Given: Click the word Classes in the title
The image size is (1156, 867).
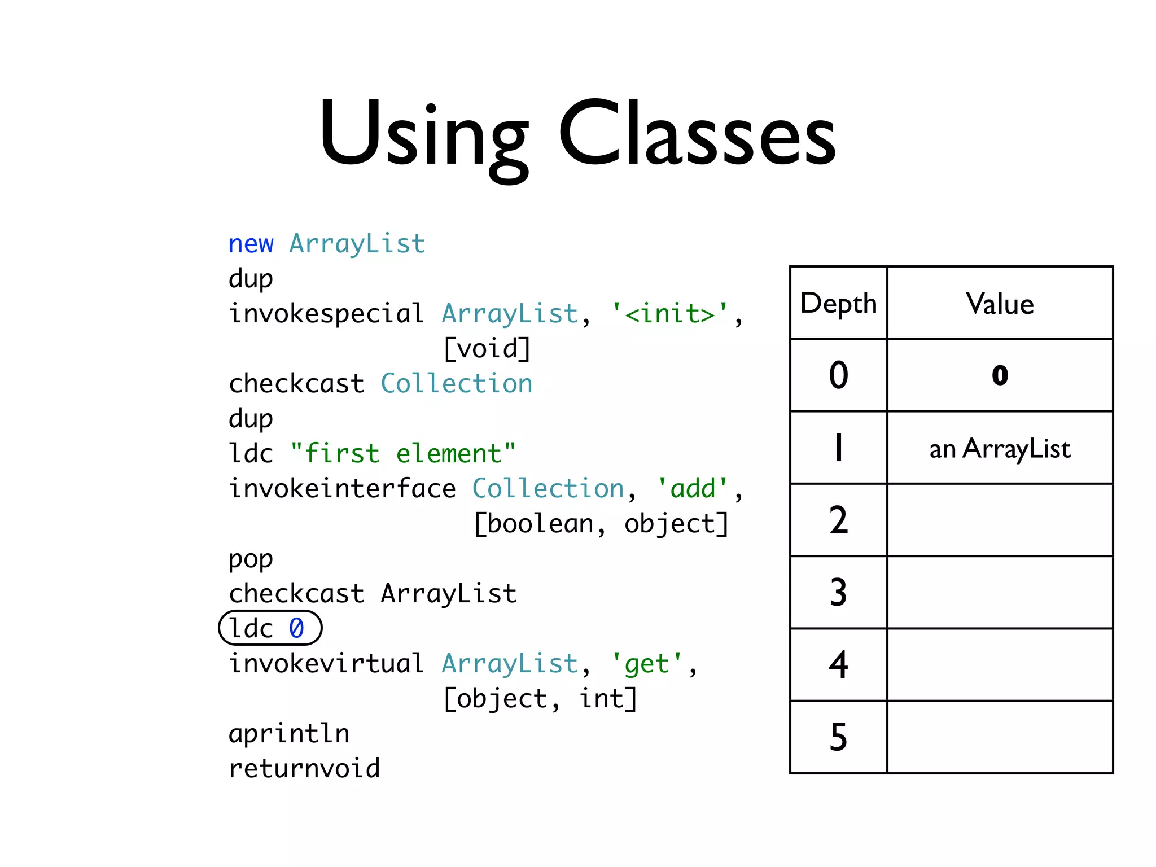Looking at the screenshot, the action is (697, 135).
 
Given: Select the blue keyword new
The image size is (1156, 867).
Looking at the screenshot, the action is (251, 244).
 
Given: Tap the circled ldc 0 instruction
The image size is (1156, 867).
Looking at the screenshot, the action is (270, 628).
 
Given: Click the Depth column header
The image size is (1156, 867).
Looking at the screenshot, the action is (838, 304).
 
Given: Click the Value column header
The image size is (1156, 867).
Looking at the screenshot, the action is (1000, 304).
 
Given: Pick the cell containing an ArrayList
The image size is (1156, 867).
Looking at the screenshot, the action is (1000, 449).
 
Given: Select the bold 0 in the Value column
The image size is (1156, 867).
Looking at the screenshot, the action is (1000, 375).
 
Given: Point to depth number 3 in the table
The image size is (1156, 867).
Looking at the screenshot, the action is (838, 593).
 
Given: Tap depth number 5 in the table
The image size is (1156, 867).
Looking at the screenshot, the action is (838, 737).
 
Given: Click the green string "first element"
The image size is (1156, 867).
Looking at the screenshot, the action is (402, 454).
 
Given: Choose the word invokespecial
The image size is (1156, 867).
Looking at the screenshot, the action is (326, 314).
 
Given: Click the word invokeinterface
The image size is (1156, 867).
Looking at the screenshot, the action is (342, 489).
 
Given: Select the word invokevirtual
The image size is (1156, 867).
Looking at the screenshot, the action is (326, 664).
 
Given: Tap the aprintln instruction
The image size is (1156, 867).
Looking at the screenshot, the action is (289, 734).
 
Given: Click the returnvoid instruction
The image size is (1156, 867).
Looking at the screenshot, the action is (304, 769).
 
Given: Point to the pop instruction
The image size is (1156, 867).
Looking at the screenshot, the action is (251, 559).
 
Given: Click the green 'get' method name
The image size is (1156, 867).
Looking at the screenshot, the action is (647, 664).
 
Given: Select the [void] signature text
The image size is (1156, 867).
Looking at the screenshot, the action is (487, 349).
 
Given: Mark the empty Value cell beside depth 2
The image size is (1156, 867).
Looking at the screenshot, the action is (1000, 520).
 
